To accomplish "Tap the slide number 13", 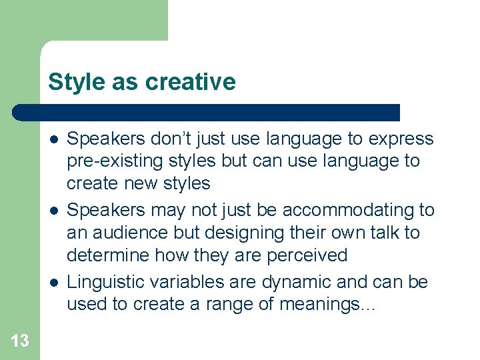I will pos(20,341).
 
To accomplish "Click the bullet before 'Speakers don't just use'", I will pos(52,139).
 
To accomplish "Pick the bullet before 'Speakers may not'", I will pos(52,211).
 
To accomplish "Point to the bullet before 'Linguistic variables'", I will pos(52,282).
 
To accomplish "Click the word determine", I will pos(109,255).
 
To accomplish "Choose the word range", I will pos(243,305).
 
